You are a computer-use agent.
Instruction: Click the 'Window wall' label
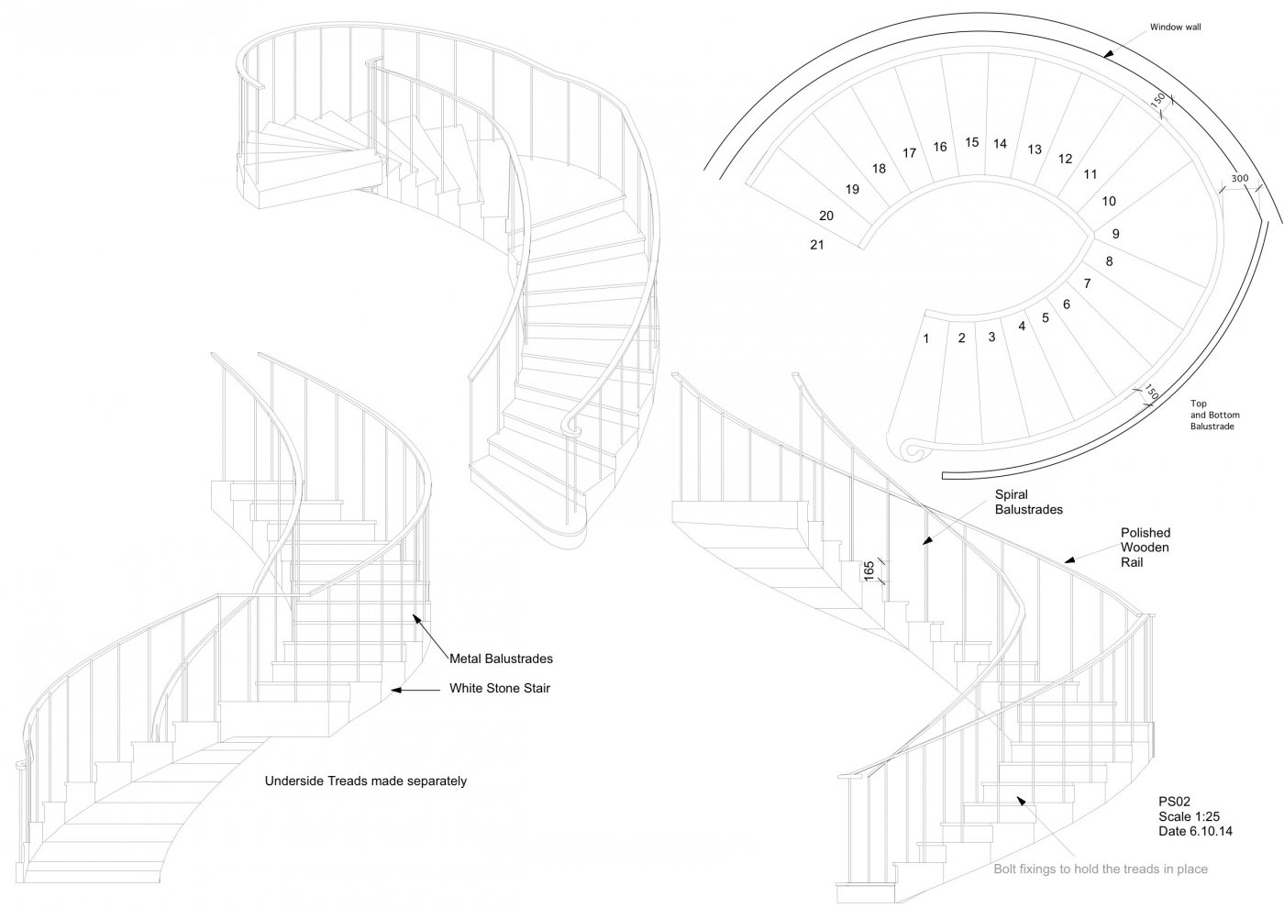1175,28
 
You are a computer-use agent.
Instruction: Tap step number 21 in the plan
817,245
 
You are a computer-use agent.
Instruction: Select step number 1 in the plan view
926,338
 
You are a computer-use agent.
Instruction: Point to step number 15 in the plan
972,142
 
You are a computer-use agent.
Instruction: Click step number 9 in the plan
1116,234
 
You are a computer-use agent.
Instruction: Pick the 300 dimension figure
1240,179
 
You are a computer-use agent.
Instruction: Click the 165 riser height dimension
869,571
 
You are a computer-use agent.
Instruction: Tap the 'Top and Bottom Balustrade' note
1212,415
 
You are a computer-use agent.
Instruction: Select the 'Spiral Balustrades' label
1028,502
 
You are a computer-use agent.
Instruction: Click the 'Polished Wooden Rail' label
1146,548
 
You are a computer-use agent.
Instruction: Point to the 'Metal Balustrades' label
501,659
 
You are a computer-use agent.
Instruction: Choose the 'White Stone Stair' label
500,689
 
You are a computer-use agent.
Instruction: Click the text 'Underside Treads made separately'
366,781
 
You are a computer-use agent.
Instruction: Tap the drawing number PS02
1175,800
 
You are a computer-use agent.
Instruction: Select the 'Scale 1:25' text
1190,816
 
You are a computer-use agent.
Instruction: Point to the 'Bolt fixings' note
1101,869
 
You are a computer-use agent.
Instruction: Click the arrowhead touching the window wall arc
1108,55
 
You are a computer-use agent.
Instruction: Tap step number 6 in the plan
1067,305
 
